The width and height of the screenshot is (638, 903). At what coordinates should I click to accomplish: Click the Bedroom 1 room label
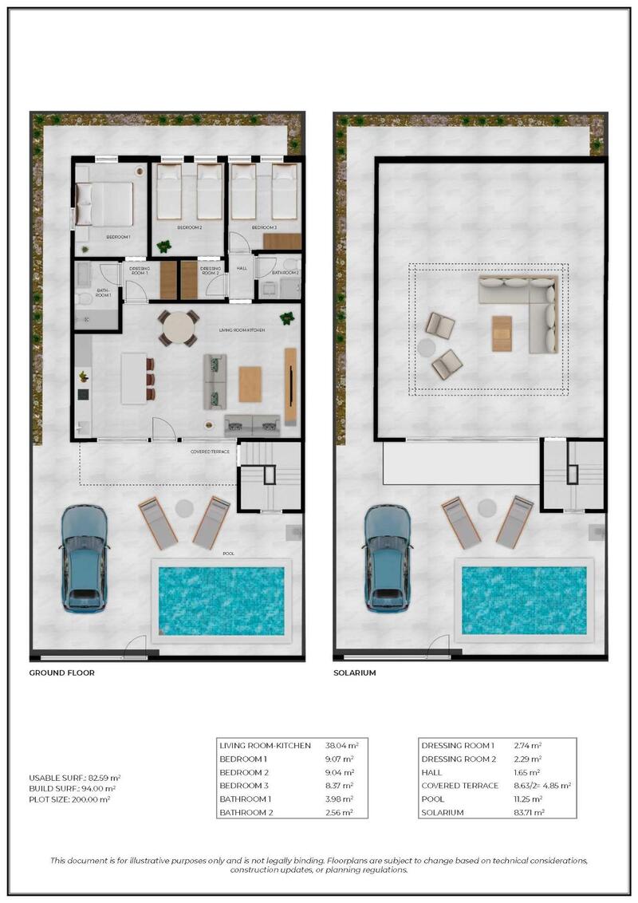(118, 237)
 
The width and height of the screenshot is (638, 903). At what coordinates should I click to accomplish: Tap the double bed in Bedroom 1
(105, 204)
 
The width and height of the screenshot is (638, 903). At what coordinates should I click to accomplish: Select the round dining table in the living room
(179, 327)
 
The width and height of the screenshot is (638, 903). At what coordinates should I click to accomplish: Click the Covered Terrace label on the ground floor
(210, 451)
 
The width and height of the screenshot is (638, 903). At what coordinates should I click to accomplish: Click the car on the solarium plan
(388, 558)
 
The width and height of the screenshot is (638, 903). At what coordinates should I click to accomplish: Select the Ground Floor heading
(62, 672)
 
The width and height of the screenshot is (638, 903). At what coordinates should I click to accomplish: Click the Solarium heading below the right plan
(355, 672)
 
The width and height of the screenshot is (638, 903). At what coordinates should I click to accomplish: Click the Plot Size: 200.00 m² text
(69, 799)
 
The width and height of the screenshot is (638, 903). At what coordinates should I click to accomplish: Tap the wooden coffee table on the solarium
(502, 333)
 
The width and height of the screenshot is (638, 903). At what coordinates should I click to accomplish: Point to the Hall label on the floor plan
(242, 268)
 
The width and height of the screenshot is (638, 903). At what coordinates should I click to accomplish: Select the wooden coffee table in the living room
(250, 383)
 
